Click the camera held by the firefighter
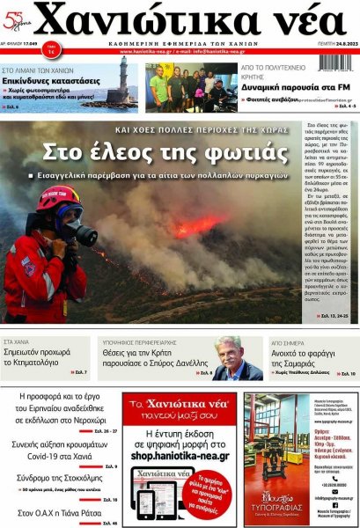82,234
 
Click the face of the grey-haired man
231,356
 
